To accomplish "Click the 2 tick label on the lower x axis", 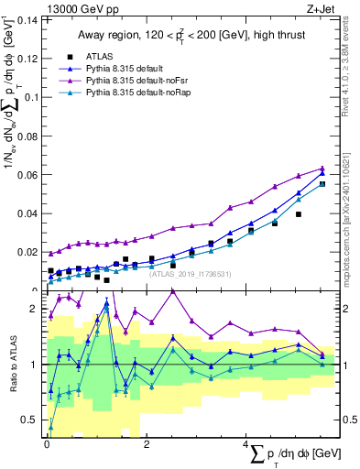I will point(147,444).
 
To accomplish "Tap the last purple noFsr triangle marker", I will point(322,168).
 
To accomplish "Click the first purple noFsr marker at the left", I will point(51,252).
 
